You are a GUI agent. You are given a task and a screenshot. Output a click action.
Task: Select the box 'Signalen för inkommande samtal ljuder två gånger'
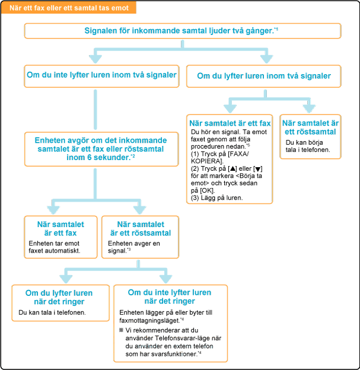[182, 31]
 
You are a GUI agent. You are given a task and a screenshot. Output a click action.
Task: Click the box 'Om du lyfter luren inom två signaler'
[263, 76]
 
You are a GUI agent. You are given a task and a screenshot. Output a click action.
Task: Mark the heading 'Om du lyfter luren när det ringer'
[60, 296]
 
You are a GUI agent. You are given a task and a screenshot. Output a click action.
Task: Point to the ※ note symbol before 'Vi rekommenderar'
[120, 330]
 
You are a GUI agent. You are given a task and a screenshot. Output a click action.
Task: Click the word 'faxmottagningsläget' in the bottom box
[145, 320]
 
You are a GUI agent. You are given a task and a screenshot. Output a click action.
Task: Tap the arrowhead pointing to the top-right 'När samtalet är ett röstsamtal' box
[308, 109]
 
